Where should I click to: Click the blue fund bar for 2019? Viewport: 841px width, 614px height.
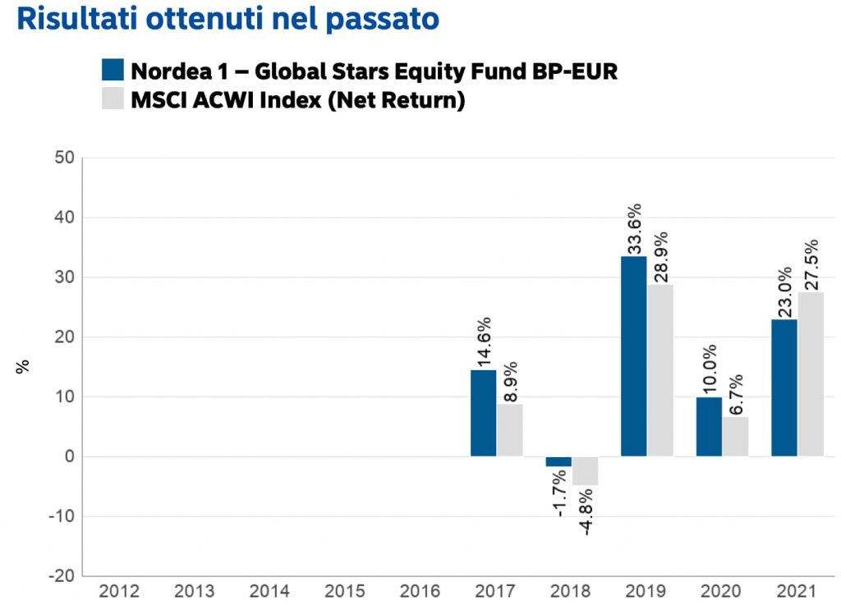click(633, 356)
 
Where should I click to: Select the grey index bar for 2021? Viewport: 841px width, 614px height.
click(810, 374)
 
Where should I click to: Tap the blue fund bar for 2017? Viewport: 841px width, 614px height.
click(483, 413)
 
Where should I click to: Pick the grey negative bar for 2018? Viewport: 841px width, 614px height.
click(585, 470)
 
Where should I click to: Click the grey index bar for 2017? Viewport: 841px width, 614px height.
click(509, 430)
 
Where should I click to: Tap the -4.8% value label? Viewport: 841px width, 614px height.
click(585, 512)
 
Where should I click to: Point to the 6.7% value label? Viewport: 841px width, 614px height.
click(735, 395)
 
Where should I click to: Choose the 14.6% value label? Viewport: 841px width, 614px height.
click(483, 342)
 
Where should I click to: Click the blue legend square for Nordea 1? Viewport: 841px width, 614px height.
click(113, 70)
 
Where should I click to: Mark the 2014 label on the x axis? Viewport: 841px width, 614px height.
click(270, 591)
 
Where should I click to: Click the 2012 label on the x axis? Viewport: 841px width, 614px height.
click(120, 591)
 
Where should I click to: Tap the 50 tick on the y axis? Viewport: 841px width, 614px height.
click(63, 158)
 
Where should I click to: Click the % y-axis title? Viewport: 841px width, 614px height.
click(22, 365)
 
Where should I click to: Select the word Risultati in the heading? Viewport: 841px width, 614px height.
click(76, 19)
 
